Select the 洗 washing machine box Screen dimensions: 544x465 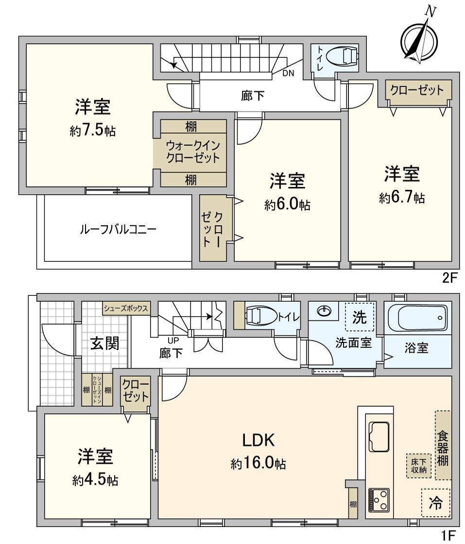360,318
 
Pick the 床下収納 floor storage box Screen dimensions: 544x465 418,465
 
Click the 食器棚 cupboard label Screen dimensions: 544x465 442,445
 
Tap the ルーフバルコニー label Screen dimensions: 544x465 118,230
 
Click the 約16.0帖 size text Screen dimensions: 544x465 258,464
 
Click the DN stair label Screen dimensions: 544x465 289,73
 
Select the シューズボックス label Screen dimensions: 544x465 125,308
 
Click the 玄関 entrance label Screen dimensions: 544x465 104,344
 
